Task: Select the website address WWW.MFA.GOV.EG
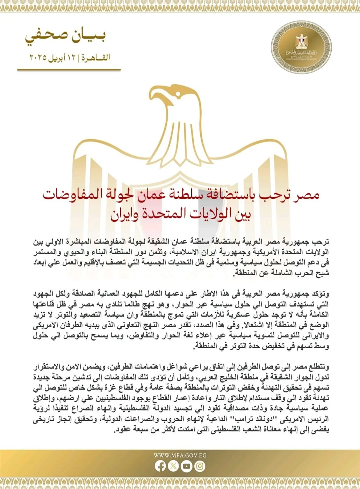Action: pyautogui.click(x=180, y=455)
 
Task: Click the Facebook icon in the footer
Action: pyautogui.click(x=160, y=466)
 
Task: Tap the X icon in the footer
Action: pyautogui.click(x=173, y=466)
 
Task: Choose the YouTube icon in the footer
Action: pyautogui.click(x=187, y=466)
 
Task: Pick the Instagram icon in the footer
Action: pyautogui.click(x=200, y=466)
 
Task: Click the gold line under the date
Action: pyautogui.click(x=69, y=70)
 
